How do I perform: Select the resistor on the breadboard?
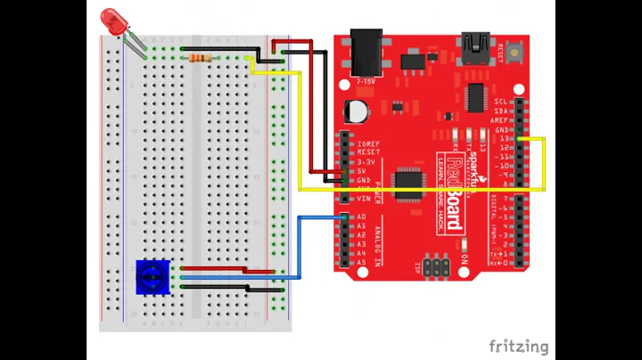(x=202, y=58)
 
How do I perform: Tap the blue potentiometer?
(x=152, y=277)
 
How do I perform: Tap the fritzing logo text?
(x=518, y=347)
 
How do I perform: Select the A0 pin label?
(x=362, y=217)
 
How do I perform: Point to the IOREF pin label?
(x=368, y=143)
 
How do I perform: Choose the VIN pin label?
(x=364, y=199)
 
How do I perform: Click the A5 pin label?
(x=362, y=263)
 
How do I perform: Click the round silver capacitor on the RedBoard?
(x=358, y=110)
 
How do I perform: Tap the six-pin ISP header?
(x=435, y=267)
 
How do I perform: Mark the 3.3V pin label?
(x=364, y=161)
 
